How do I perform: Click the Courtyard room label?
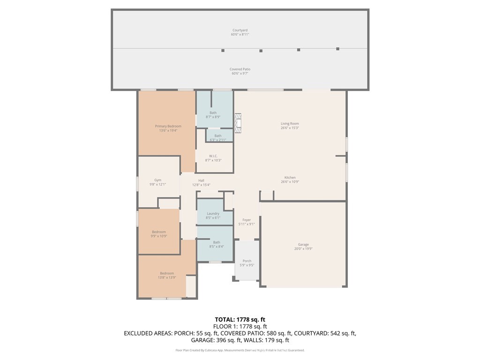[240, 30]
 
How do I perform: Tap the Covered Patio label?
[240, 69]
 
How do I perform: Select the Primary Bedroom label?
[168, 126]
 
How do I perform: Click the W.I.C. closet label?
[213, 156]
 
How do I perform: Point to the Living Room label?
[290, 124]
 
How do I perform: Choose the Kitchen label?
[290, 178]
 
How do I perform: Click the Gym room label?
[157, 180]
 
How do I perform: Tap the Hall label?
[201, 180]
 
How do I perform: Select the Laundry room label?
[213, 214]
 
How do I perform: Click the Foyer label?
[247, 220]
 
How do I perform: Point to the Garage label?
[303, 245]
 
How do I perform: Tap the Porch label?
[247, 261]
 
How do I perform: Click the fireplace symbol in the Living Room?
[239, 123]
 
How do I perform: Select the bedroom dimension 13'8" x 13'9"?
[167, 277]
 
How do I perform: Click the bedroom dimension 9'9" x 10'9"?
[159, 236]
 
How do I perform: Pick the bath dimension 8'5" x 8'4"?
[216, 247]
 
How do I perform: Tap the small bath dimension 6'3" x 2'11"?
[218, 140]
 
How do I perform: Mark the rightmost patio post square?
[337, 49]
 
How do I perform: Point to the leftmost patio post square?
[223, 51]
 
